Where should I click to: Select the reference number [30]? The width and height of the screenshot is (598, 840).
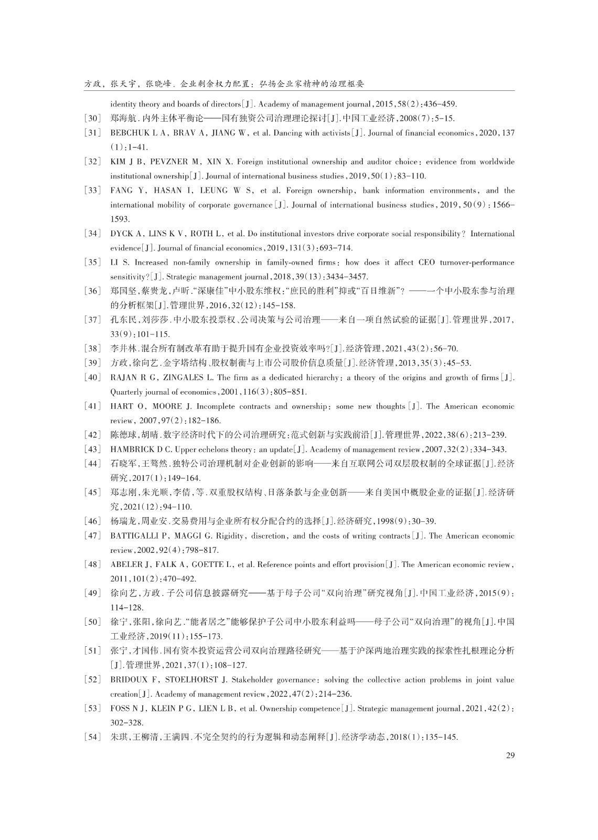coord(92,119)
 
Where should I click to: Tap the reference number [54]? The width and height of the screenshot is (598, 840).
coord(92,737)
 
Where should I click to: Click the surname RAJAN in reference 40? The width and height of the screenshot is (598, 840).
coord(123,377)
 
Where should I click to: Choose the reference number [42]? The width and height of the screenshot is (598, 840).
coord(92,435)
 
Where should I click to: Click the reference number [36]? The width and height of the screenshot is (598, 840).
coord(92,291)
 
